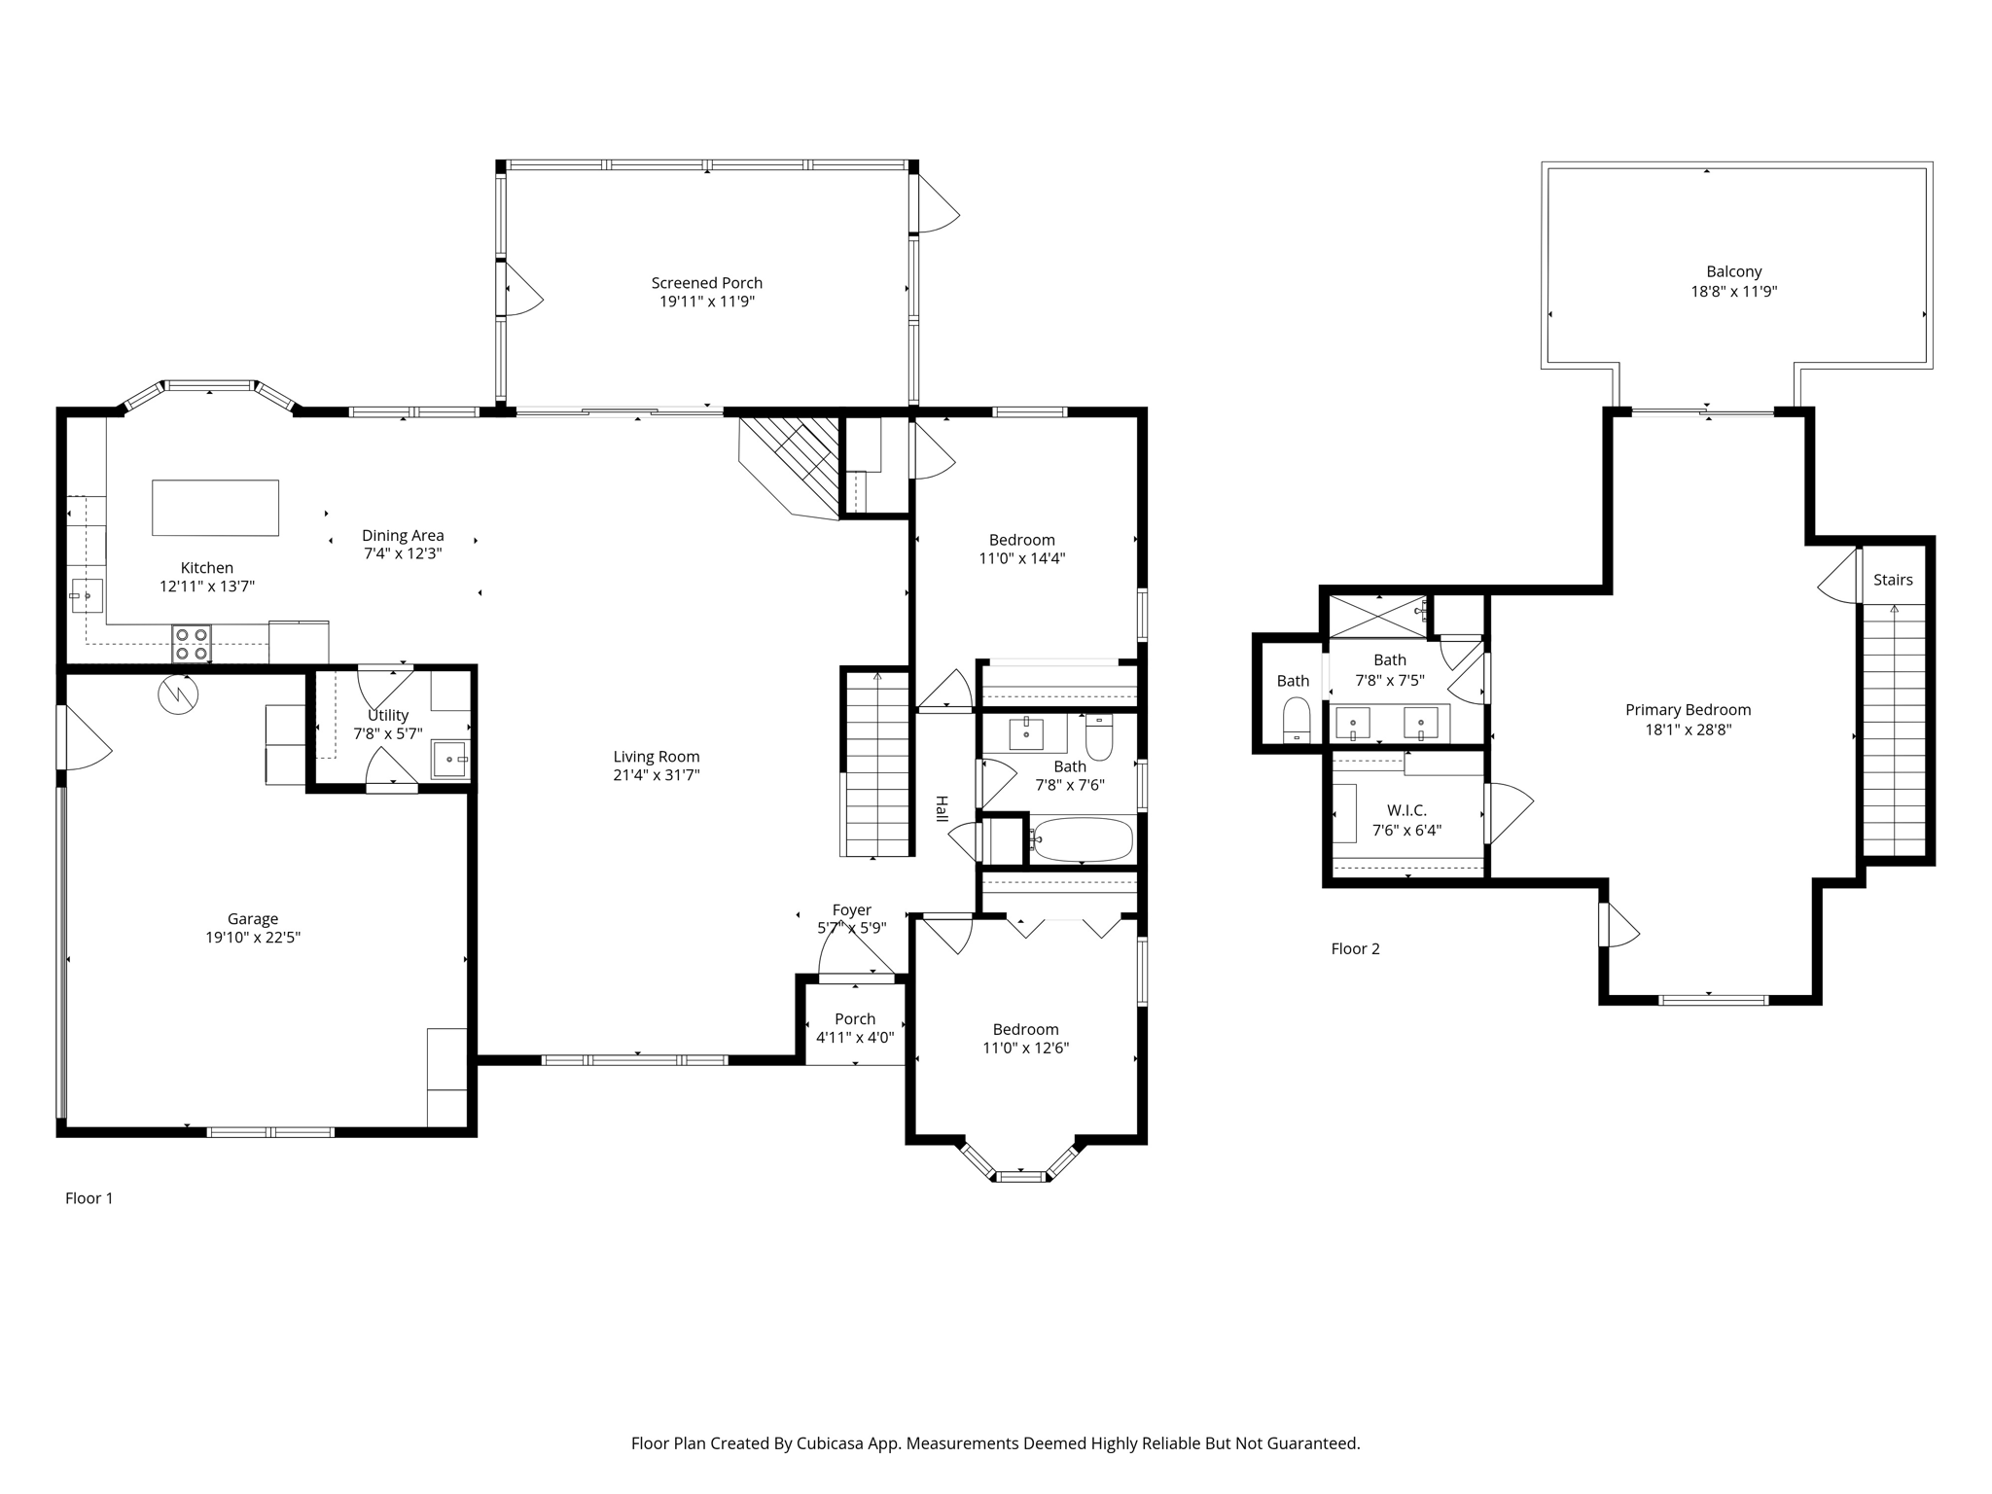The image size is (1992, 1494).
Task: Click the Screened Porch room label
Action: pos(707,283)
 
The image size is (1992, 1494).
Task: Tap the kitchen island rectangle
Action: pos(215,508)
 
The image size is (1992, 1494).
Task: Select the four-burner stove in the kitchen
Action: pos(192,644)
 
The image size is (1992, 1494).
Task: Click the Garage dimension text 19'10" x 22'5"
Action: pos(253,938)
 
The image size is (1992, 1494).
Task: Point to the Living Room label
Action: pos(657,757)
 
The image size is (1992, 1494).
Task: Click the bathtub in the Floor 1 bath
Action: pos(1083,840)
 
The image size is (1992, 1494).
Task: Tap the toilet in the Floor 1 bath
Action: pos(1099,737)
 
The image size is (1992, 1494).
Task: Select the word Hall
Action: pos(942,809)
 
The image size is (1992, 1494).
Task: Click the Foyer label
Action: pos(852,910)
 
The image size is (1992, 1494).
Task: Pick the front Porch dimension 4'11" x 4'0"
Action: pos(855,1038)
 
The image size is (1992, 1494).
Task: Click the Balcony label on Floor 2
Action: pos(1734,272)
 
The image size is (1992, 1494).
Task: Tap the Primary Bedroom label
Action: pos(1688,710)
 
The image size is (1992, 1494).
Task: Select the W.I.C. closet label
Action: pos(1406,811)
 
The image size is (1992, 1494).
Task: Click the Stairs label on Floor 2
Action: pos(1893,580)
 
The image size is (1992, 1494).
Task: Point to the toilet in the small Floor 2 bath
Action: pos(1297,722)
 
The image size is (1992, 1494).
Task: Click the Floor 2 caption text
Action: pos(1355,949)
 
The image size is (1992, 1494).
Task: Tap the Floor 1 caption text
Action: pos(89,1198)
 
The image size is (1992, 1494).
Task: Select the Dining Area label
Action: pos(403,535)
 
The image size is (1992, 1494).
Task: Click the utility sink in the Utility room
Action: pos(450,759)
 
